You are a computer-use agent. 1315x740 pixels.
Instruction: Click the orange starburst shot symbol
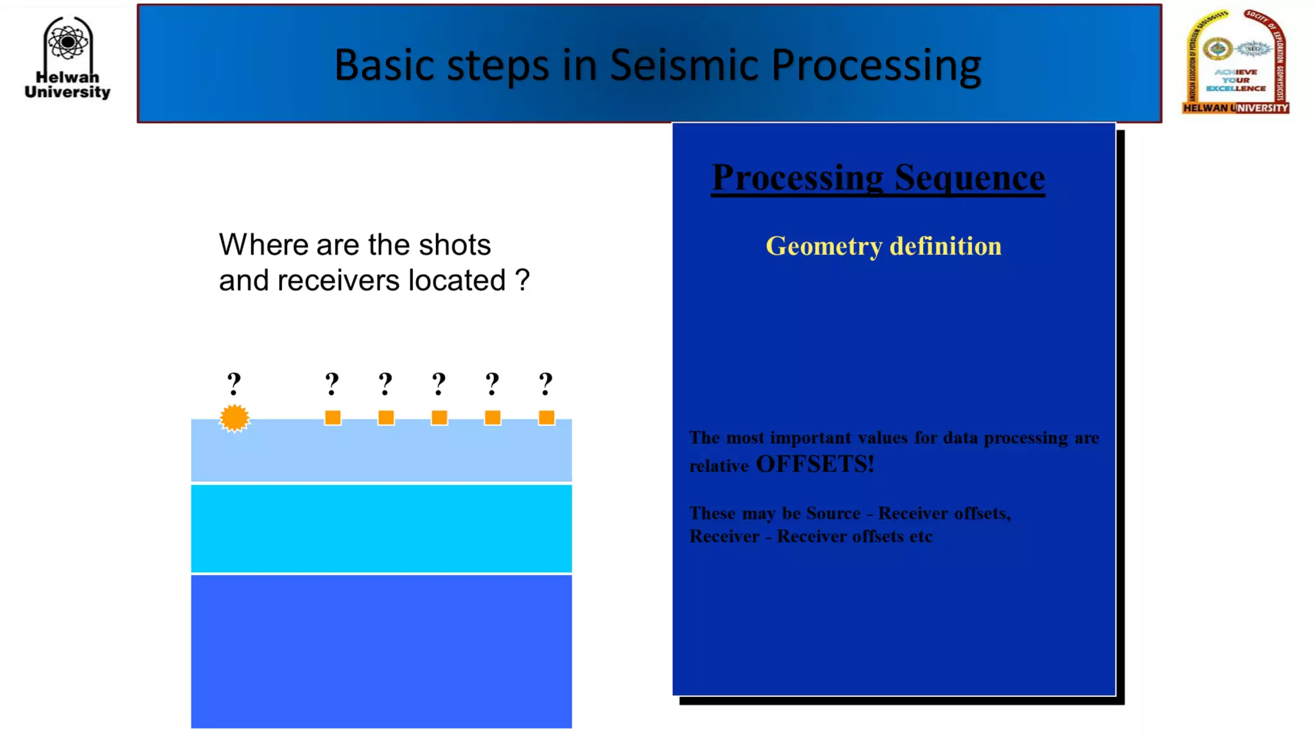[x=234, y=418]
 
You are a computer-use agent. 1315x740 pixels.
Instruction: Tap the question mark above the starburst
[x=234, y=384]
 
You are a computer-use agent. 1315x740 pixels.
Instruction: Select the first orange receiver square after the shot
[x=333, y=418]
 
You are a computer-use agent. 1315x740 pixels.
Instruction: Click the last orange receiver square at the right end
[x=546, y=418]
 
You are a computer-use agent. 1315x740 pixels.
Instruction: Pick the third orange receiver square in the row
[x=439, y=418]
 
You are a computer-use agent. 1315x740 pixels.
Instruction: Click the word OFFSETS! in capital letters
[x=815, y=464]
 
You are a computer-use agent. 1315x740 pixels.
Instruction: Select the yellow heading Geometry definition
[x=884, y=247]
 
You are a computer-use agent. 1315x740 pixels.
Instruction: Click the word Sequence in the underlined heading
[x=970, y=178]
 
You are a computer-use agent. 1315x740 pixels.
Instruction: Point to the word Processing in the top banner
[x=876, y=65]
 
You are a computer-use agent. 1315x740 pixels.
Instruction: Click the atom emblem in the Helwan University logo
[x=67, y=42]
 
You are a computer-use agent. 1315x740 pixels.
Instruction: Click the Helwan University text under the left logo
[x=67, y=85]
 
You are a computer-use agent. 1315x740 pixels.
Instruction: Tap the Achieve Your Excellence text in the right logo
[x=1236, y=80]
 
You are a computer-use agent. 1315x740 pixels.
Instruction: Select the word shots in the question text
[x=455, y=245]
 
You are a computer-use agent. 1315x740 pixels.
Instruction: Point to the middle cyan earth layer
[x=381, y=528]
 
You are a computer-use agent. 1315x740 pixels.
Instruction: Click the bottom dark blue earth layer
[x=381, y=651]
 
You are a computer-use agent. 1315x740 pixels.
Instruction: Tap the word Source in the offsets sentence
[x=833, y=513]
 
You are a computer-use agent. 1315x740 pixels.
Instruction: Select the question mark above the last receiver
[x=546, y=384]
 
